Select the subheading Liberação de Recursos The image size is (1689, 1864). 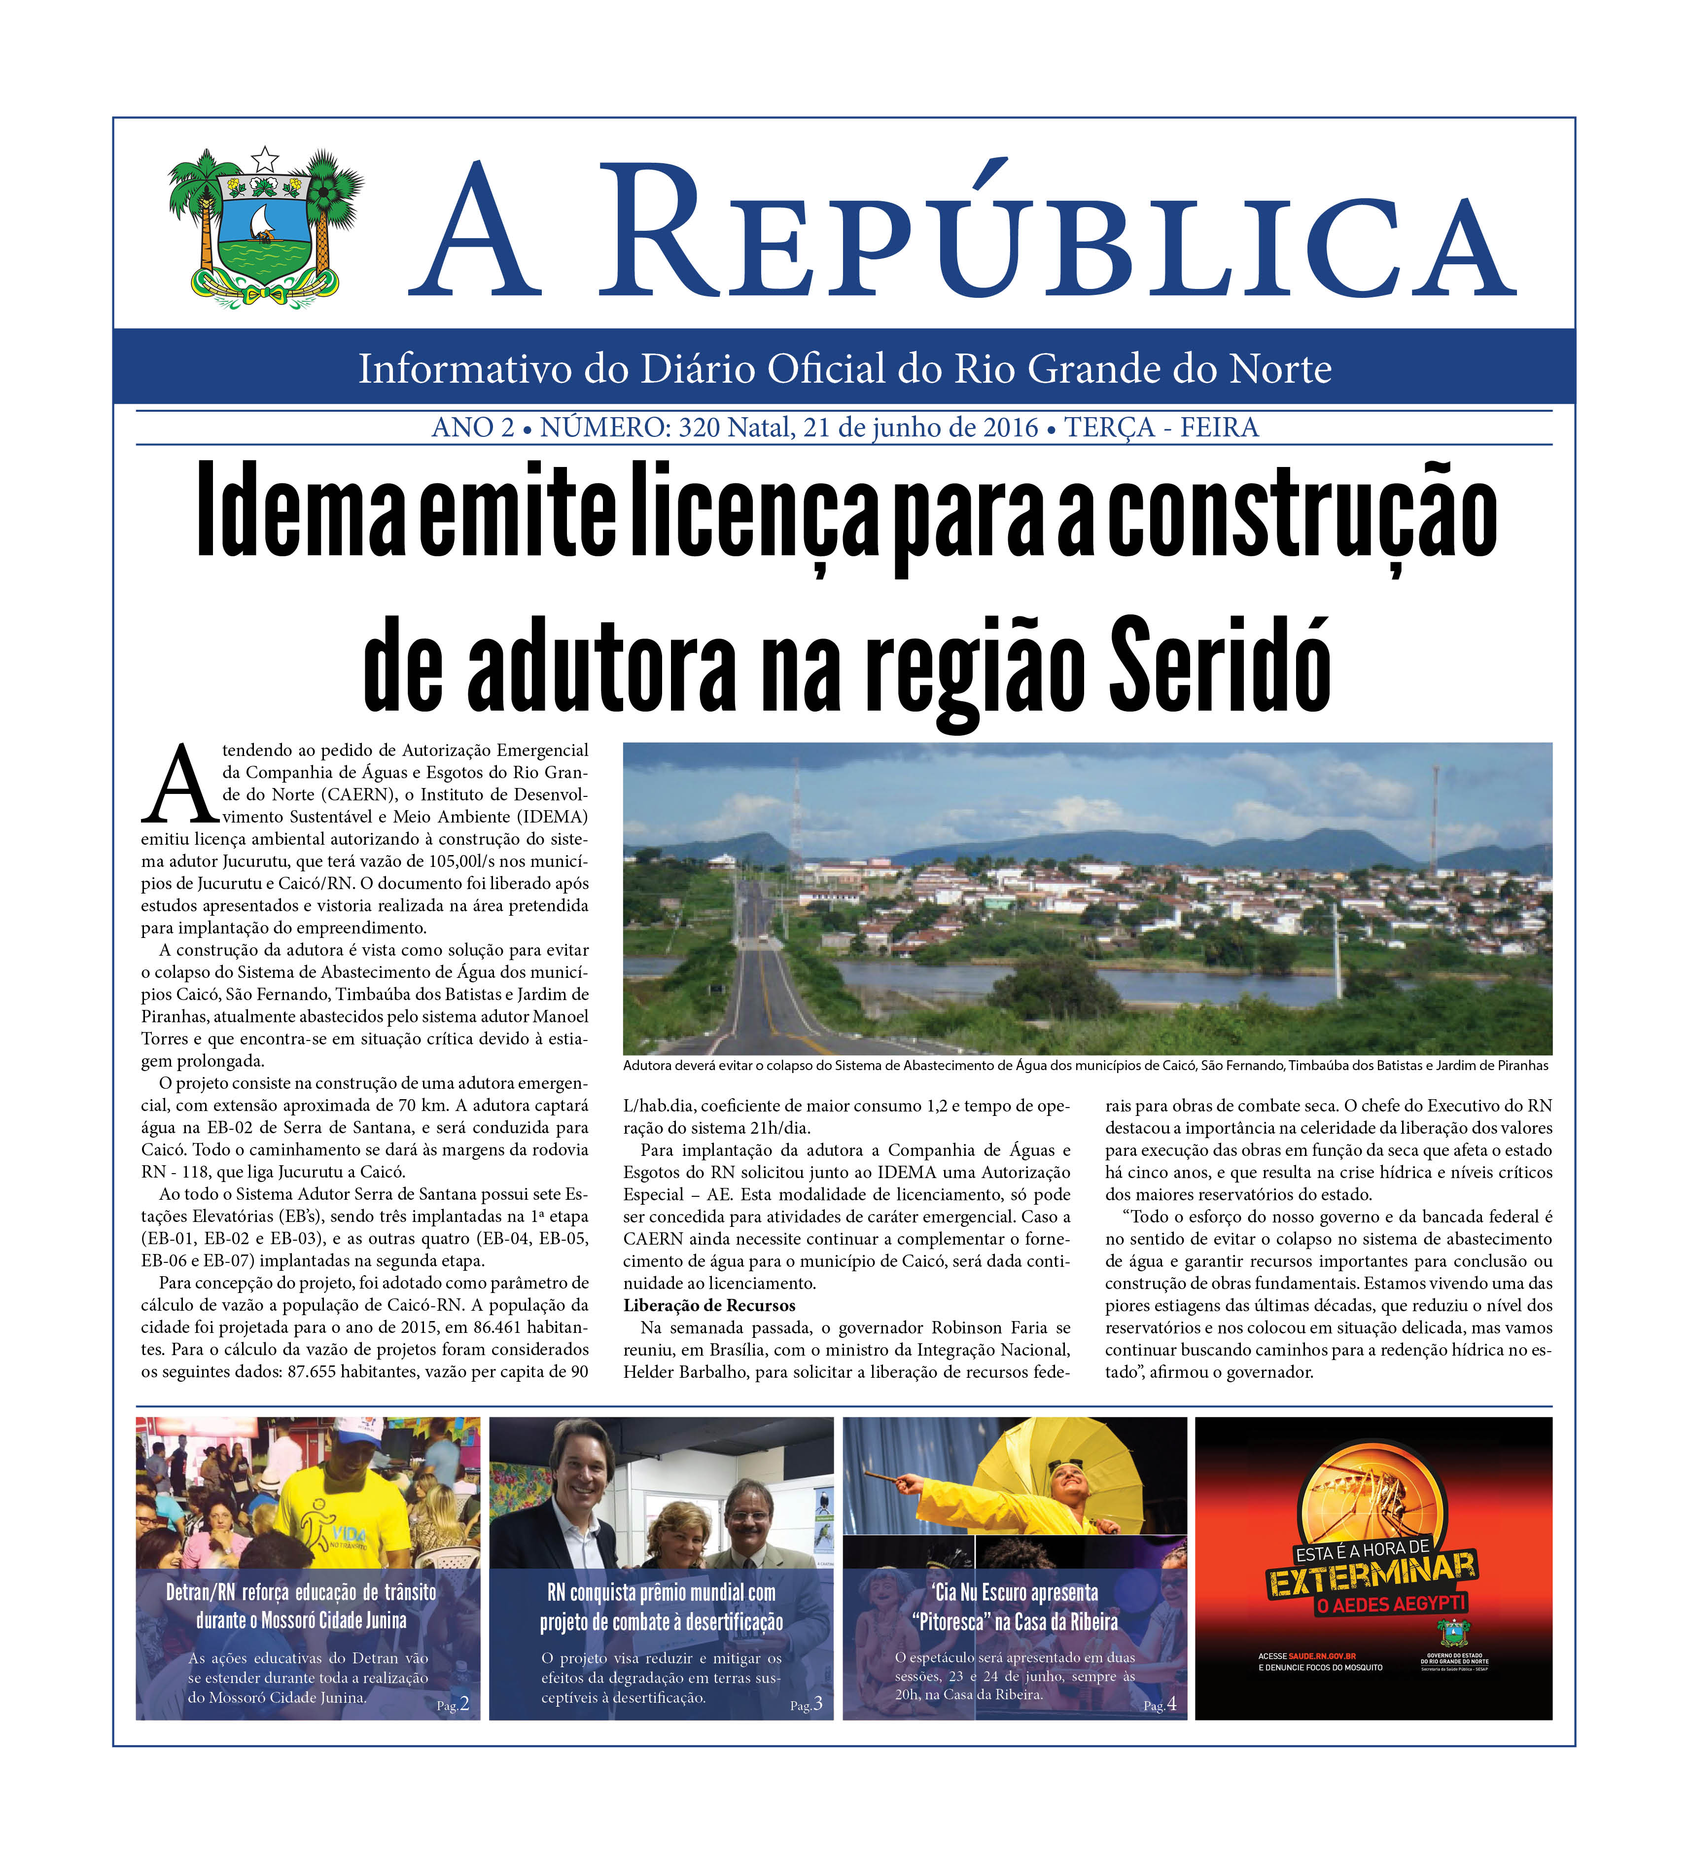click(x=709, y=1305)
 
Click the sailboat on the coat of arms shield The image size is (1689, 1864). click(x=263, y=222)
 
